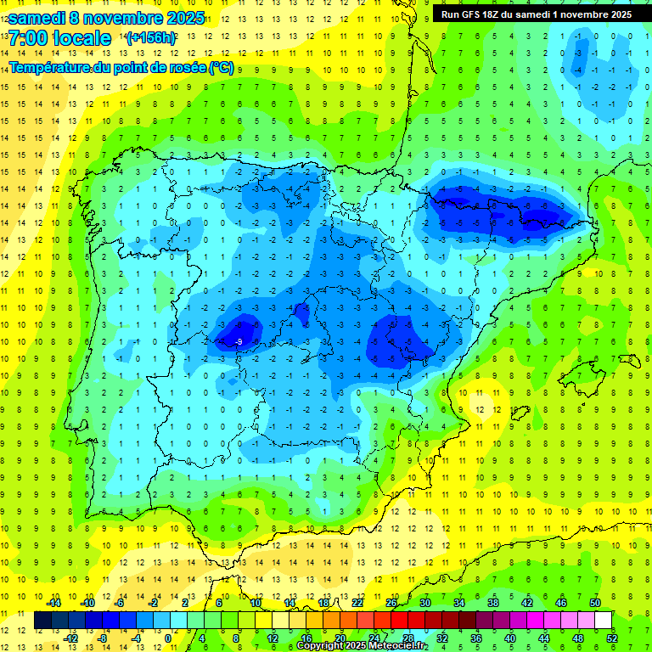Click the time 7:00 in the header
click(31, 38)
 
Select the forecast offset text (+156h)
click(151, 38)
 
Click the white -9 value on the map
click(239, 341)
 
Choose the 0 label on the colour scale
click(167, 638)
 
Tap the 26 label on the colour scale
click(391, 603)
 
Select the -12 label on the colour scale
click(70, 638)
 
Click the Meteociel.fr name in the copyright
click(400, 646)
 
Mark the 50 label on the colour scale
click(595, 603)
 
